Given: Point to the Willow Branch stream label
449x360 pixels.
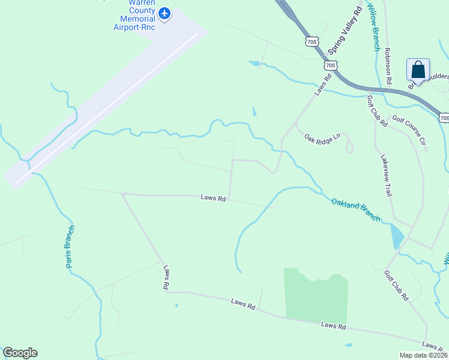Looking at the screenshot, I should click(x=373, y=26).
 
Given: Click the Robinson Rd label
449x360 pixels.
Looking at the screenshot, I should click(x=388, y=66).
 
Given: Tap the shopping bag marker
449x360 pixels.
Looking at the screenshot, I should click(x=418, y=70).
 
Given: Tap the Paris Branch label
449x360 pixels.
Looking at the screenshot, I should click(x=71, y=246).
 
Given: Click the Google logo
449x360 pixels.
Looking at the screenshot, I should click(x=20, y=353).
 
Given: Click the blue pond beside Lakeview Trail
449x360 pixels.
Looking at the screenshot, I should click(x=397, y=236).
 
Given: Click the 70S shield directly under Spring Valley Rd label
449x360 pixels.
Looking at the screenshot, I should click(x=331, y=64).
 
